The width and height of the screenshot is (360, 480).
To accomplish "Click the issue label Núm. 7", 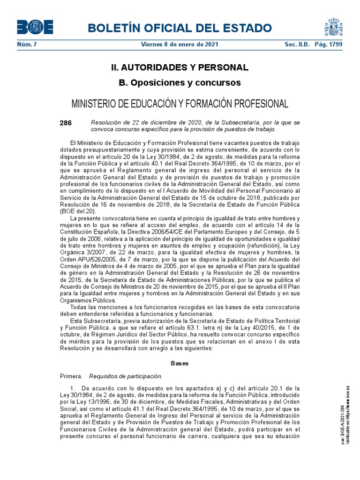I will pos(26,45).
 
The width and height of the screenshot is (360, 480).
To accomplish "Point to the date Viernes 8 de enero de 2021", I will pos(180,45).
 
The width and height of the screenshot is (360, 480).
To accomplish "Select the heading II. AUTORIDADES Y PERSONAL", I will pos(180,67).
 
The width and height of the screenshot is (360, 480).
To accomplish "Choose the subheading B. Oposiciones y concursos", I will pos(180,83).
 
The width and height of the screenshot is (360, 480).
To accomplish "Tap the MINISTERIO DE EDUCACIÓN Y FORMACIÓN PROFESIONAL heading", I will pos(180,103).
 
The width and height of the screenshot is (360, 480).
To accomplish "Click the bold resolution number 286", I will pos(66,123).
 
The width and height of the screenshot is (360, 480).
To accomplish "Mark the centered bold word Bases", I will pos(180,363).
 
